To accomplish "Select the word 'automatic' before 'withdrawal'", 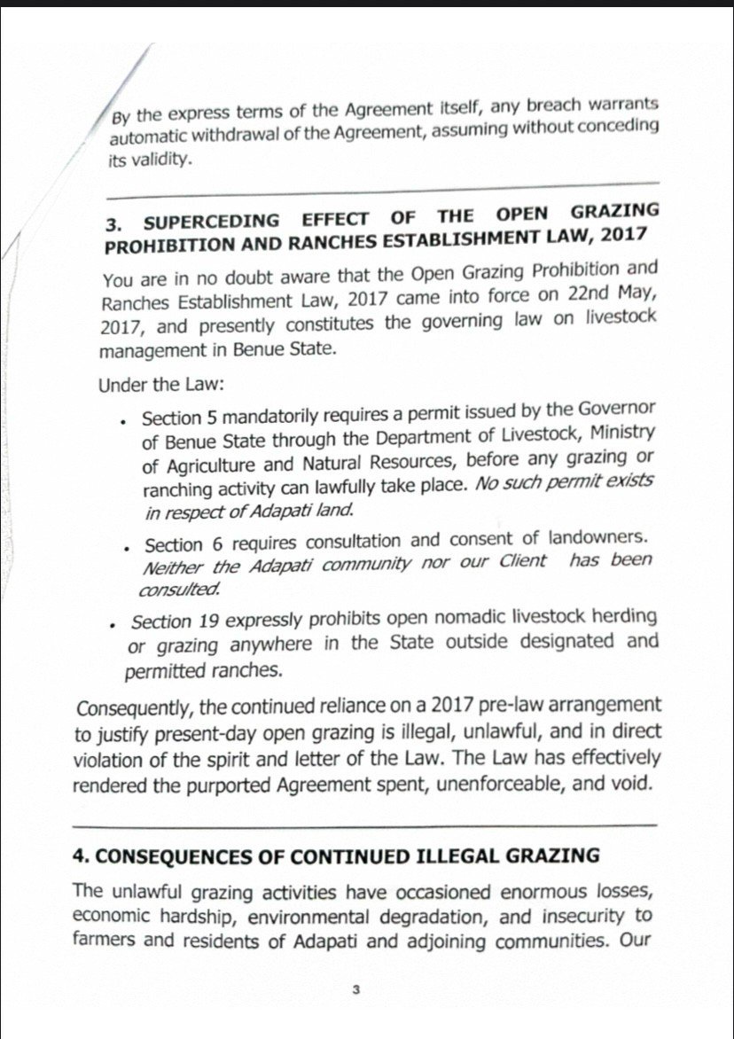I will pos(146,139).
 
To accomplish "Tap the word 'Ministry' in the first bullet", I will pos(621,433).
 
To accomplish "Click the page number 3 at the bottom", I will pos(354,990).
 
